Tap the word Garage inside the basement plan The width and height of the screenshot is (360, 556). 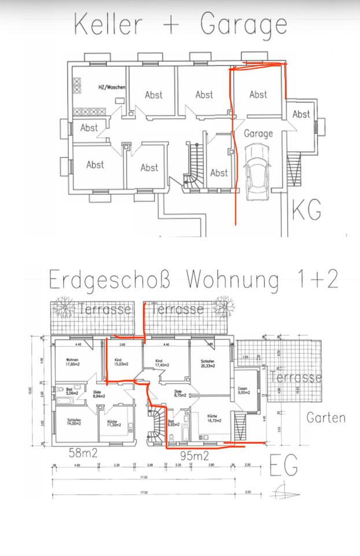(258, 133)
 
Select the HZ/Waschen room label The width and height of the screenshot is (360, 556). (111, 87)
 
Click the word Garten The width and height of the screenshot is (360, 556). (326, 417)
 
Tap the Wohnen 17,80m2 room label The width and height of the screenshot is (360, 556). (73, 362)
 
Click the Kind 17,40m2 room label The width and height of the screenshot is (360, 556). (161, 363)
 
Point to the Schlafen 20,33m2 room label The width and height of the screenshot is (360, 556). (208, 363)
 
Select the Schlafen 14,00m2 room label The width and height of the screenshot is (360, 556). (74, 422)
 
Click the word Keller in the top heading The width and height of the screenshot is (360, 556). (108, 25)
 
